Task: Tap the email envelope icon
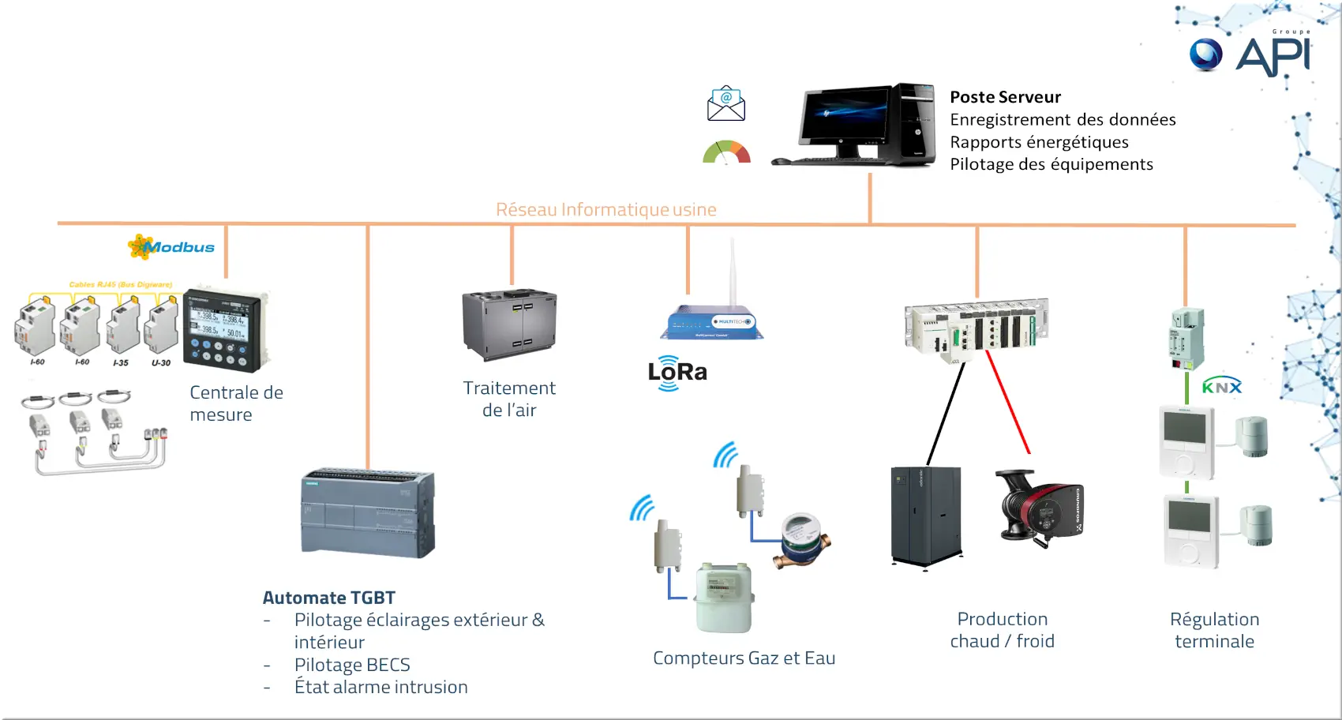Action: click(x=726, y=104)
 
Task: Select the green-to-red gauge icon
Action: click(x=726, y=152)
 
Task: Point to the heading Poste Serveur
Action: click(x=1005, y=97)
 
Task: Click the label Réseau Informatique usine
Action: click(x=605, y=209)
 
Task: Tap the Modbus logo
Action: click(x=172, y=247)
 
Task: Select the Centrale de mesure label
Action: click(x=236, y=403)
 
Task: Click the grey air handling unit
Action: click(x=509, y=324)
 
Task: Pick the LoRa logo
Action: click(x=677, y=373)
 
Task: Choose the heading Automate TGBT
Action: click(x=328, y=598)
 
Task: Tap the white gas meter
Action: click(x=723, y=597)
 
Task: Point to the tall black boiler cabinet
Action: click(x=926, y=516)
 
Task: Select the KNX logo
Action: click(x=1221, y=386)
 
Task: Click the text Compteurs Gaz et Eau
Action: click(x=744, y=658)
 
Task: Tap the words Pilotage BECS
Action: click(x=352, y=665)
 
